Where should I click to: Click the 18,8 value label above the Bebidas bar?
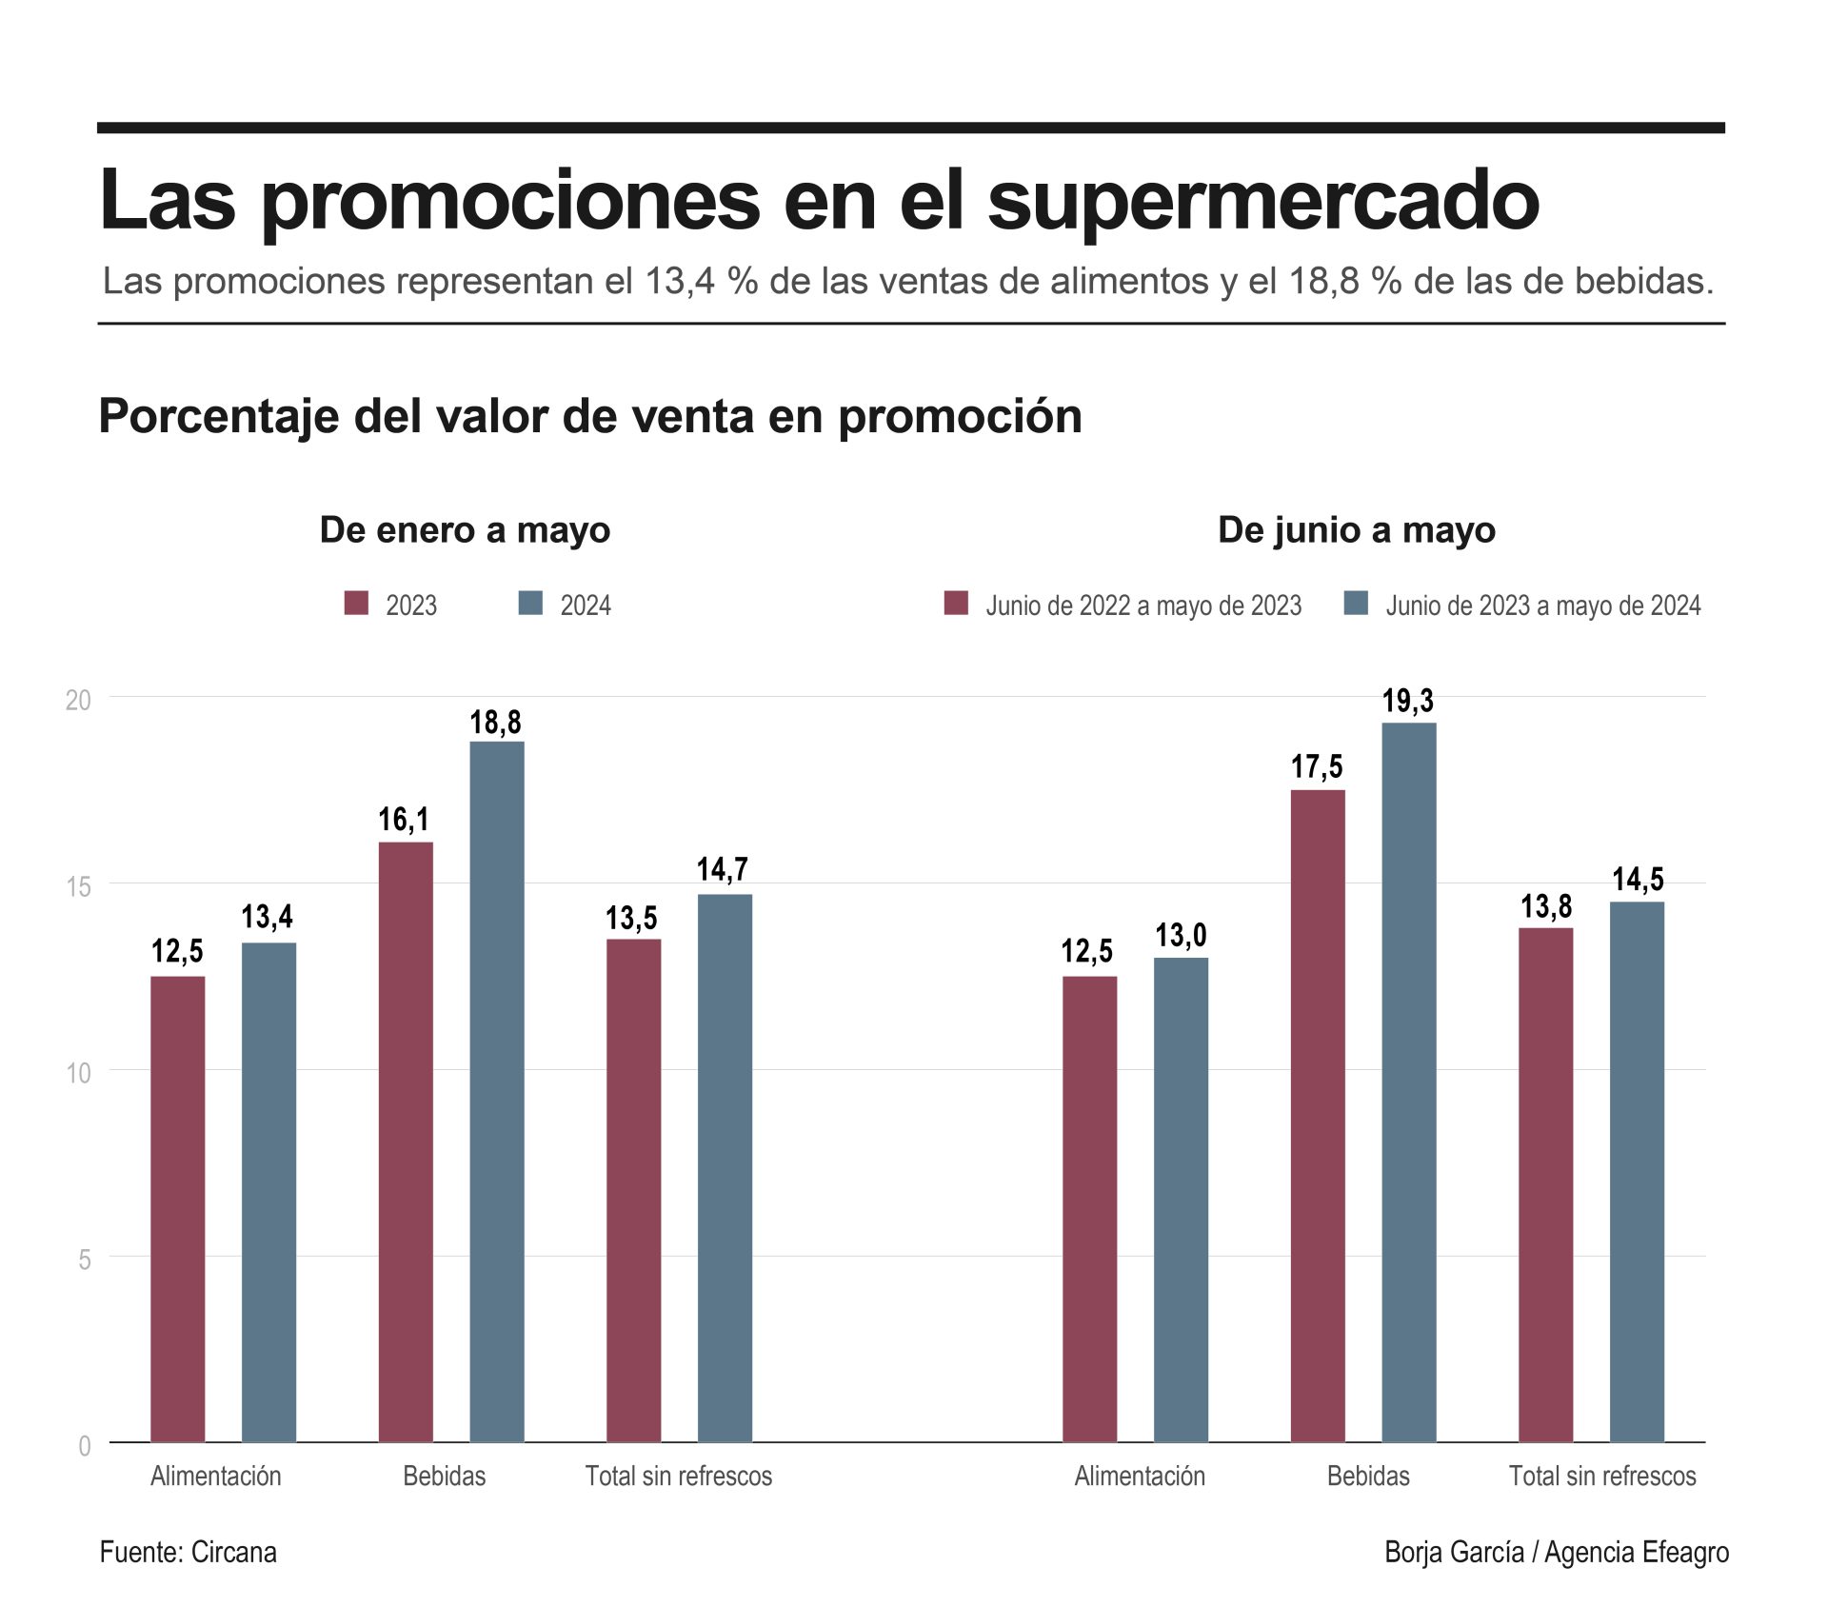495,723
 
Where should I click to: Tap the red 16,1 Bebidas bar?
406,1141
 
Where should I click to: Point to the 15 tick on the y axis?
78,886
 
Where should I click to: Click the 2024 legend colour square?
530,604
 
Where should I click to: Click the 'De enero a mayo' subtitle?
465,529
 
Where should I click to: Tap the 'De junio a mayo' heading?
1356,529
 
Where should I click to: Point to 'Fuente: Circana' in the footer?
188,1552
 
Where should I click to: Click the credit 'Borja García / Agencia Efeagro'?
1556,1552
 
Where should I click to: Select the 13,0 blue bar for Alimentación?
1181,1200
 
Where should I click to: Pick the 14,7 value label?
722,869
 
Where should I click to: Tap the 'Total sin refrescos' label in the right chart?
1601,1476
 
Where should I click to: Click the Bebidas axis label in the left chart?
444,1476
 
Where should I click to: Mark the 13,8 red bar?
1545,1184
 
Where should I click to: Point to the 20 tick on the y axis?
78,700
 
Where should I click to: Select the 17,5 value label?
1317,766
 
